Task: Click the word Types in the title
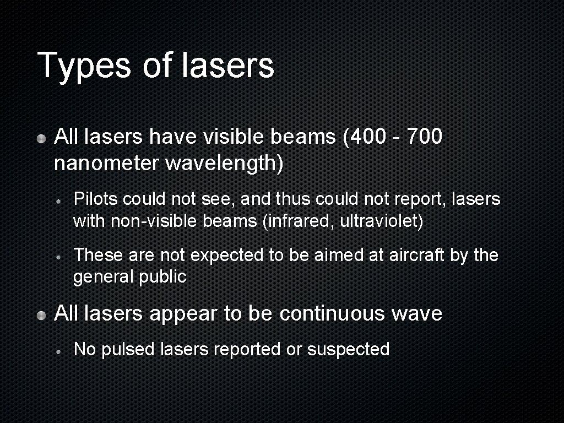(84, 66)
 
